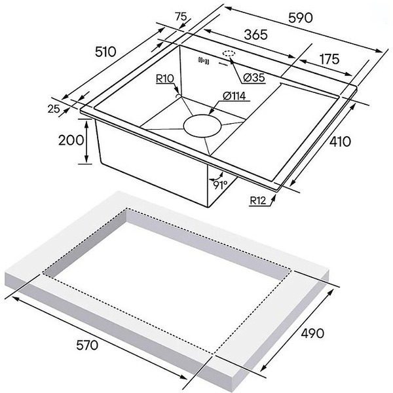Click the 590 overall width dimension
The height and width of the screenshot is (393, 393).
click(x=301, y=18)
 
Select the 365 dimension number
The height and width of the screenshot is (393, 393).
click(x=255, y=35)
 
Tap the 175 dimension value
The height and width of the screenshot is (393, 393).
click(x=329, y=59)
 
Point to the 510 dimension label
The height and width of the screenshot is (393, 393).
click(x=105, y=52)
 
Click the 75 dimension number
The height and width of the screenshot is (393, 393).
click(x=181, y=17)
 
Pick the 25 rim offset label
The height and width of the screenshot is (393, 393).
click(x=54, y=109)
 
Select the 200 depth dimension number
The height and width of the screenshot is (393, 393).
click(x=71, y=140)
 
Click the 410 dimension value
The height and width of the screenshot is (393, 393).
click(x=340, y=141)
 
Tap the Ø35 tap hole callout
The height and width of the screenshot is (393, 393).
click(x=254, y=78)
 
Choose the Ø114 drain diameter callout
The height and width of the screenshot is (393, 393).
click(x=234, y=96)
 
